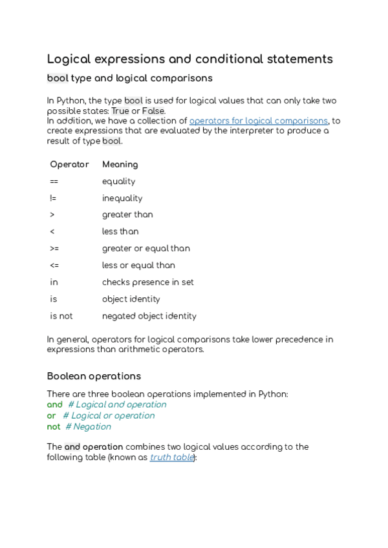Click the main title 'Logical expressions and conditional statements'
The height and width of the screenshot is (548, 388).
[189, 59]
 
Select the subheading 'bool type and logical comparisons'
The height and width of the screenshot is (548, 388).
[129, 78]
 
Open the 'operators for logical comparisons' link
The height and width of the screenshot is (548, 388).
[258, 121]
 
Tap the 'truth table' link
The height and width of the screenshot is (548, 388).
[171, 457]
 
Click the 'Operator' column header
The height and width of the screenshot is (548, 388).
[69, 164]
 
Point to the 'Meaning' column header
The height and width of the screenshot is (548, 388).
[120, 164]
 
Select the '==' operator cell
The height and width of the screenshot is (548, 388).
[54, 182]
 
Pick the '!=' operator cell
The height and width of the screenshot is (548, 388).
[53, 198]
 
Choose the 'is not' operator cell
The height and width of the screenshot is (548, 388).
[61, 316]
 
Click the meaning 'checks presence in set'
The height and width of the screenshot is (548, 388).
[147, 282]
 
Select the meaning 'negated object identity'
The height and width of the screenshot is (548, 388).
[149, 316]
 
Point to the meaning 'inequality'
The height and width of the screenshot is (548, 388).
[122, 198]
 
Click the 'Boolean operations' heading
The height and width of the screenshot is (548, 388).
[94, 376]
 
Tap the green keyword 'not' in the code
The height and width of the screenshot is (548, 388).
[54, 427]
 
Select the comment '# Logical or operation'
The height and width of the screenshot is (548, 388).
[109, 416]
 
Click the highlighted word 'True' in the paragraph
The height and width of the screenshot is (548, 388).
[120, 111]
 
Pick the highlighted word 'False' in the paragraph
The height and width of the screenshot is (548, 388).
[153, 111]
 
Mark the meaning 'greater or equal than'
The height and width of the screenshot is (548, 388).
[145, 248]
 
